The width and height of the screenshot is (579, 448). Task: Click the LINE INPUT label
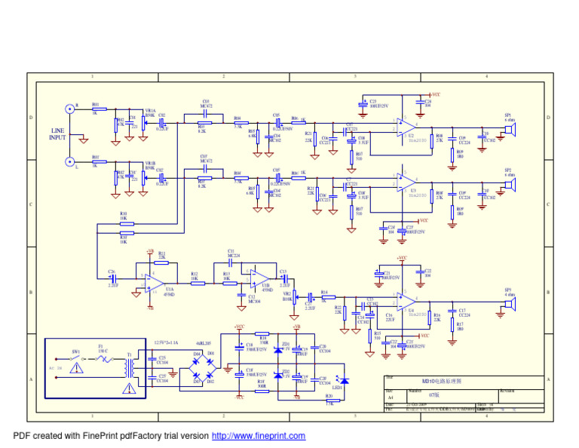coord(57,134)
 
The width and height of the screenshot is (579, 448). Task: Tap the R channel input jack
coord(70,109)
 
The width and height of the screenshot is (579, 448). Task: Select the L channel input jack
coord(70,161)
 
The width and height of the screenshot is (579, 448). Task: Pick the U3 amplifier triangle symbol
coord(405,182)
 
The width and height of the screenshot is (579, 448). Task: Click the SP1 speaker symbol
coord(510,130)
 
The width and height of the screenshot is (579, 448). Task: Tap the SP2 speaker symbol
coord(510,185)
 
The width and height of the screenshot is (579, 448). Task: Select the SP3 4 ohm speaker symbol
coord(510,303)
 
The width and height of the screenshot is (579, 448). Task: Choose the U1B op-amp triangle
coord(259,278)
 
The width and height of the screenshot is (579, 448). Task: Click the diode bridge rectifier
coord(204,367)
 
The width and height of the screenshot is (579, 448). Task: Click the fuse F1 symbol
coord(104,360)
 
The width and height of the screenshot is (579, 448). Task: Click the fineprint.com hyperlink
coord(259,436)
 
